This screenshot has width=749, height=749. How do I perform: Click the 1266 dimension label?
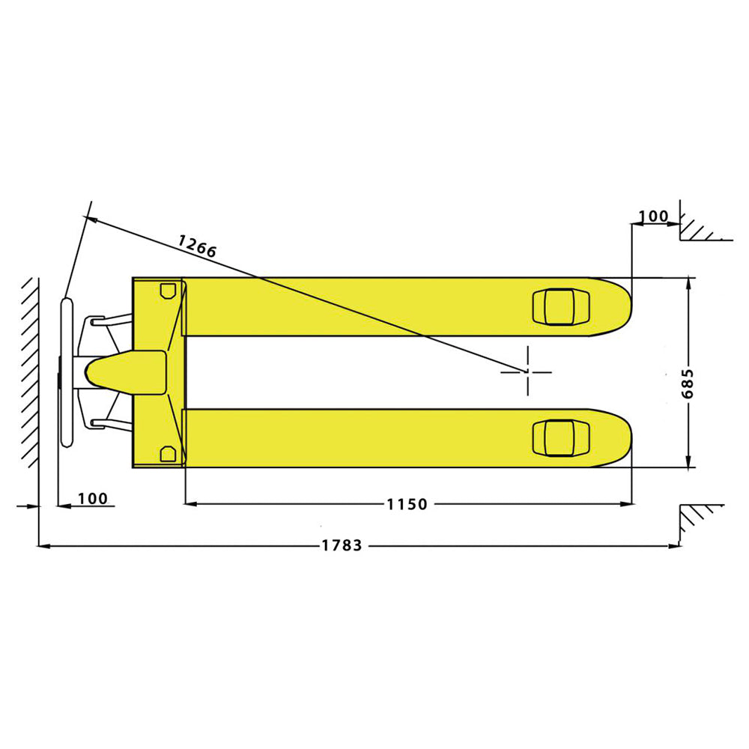[197, 246]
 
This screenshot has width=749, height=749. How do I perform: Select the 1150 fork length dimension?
[407, 505]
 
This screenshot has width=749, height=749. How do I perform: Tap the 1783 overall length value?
[342, 546]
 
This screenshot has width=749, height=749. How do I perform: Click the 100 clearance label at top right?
[653, 217]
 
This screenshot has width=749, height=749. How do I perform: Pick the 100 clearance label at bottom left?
[92, 499]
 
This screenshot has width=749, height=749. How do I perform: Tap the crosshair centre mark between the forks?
[527, 371]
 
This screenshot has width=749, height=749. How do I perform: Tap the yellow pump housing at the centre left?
[127, 372]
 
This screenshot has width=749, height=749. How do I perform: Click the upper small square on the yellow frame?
[166, 291]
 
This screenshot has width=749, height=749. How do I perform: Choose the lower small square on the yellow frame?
[166, 453]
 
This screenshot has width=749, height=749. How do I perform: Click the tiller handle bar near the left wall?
[66, 372]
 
